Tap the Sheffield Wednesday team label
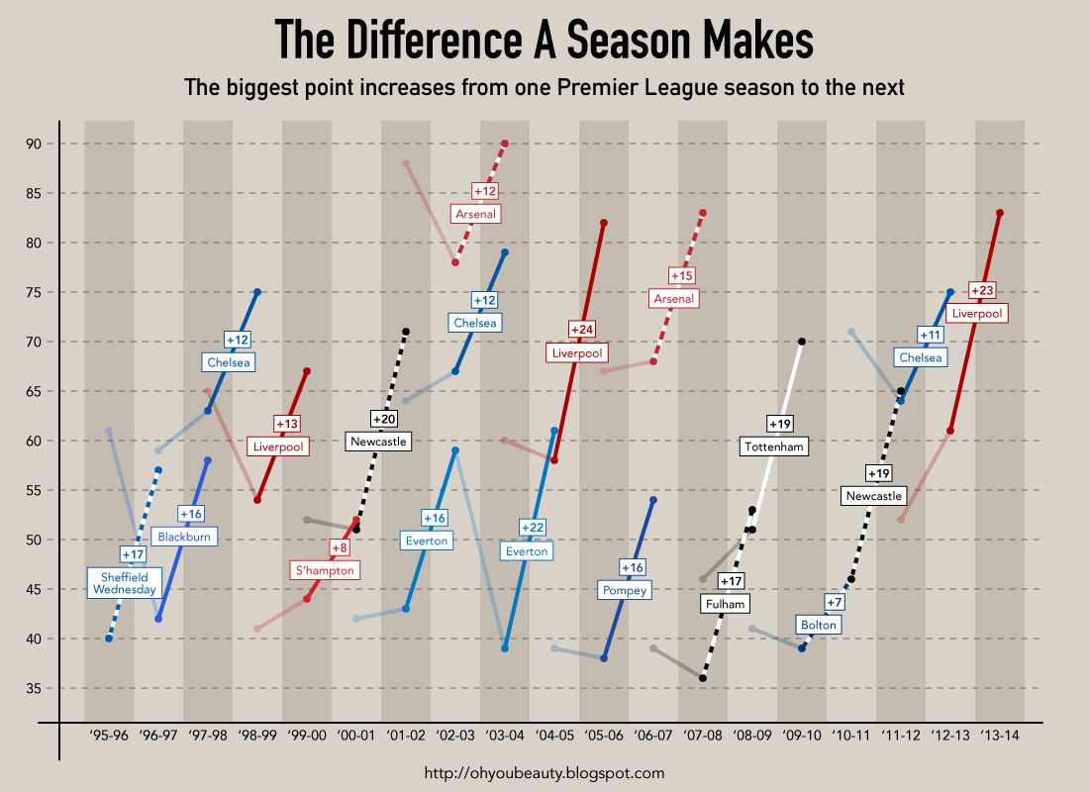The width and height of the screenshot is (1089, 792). [124, 583]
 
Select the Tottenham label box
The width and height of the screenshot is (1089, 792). [774, 446]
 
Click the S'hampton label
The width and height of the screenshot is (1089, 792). [324, 570]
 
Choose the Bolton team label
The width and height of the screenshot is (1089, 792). [819, 625]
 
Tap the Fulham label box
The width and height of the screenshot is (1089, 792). [726, 603]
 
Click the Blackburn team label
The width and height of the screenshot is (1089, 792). [183, 537]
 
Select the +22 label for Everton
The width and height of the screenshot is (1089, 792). [532, 528]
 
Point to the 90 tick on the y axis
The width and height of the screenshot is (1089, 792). [34, 144]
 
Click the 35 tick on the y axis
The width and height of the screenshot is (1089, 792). [34, 688]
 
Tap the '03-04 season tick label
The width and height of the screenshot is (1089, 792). [505, 736]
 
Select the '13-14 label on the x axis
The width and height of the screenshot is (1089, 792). [1000, 736]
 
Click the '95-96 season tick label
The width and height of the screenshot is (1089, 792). [109, 736]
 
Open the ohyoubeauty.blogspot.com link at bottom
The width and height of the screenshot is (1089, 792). [544, 773]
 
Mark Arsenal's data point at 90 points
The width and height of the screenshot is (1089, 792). [505, 144]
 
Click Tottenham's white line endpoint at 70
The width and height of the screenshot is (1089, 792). [802, 342]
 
